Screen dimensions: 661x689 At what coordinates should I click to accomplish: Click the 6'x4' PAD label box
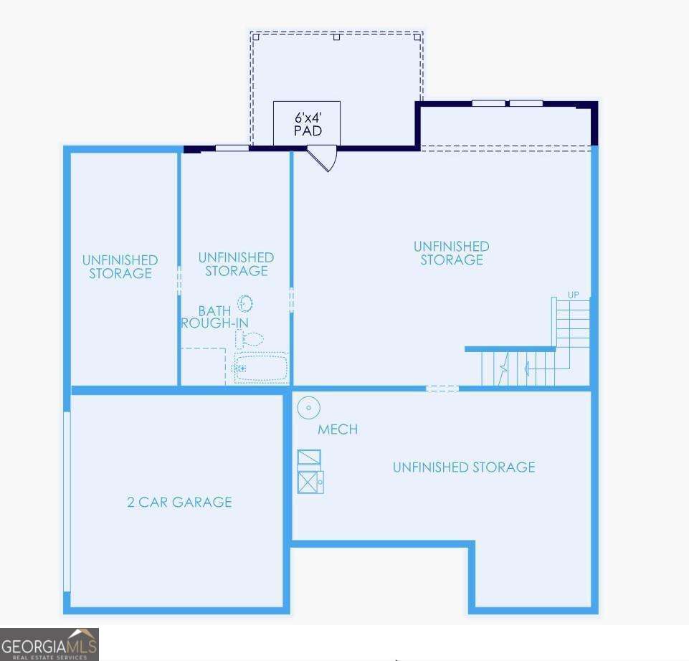click(307, 123)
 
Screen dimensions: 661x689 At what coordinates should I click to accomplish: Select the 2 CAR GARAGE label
click(179, 502)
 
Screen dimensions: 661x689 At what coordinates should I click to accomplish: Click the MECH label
click(338, 429)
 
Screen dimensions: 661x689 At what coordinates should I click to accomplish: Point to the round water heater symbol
click(308, 409)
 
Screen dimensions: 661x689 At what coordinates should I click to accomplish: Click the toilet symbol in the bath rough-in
click(250, 339)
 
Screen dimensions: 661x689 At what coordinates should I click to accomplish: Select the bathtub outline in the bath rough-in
click(261, 367)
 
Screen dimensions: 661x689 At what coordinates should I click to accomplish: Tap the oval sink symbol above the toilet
click(245, 303)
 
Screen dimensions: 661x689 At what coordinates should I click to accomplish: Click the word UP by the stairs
click(573, 295)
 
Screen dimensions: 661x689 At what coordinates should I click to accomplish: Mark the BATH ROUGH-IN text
click(214, 317)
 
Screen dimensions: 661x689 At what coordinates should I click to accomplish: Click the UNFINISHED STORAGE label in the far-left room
click(120, 267)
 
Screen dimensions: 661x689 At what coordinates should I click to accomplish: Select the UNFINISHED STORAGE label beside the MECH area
click(464, 467)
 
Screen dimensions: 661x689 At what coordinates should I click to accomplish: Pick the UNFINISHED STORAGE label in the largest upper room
click(451, 253)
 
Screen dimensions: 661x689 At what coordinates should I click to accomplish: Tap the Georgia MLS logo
click(49, 643)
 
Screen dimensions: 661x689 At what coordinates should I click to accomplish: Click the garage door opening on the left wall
click(67, 502)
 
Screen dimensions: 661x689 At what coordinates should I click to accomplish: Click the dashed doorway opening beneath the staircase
click(442, 389)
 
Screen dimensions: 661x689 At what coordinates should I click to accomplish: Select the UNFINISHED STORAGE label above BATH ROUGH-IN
click(236, 264)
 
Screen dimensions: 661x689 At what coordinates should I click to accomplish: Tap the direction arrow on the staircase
click(529, 369)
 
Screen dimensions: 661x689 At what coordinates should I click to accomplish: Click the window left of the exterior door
click(232, 148)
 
